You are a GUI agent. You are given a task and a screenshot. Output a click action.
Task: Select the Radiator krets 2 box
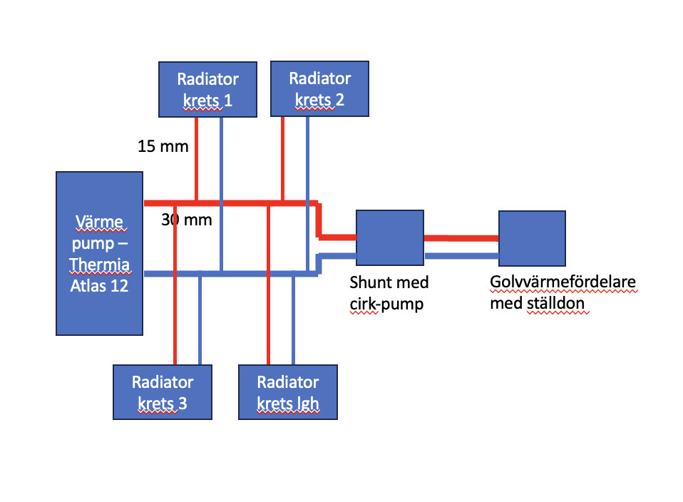click(319, 88)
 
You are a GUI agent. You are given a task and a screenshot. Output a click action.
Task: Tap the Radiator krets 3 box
click(163, 391)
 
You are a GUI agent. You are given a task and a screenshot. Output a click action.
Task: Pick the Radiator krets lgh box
click(287, 391)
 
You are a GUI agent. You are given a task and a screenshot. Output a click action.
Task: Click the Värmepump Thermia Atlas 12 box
click(100, 252)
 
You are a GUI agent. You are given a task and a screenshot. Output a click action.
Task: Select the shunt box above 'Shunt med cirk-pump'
click(390, 237)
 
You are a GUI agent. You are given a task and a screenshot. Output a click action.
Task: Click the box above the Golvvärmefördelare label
click(532, 238)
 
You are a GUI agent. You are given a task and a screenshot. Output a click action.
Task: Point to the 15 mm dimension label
click(163, 147)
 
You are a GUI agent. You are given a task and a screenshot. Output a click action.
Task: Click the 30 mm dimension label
click(187, 220)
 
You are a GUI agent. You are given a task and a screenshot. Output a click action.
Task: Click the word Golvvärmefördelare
click(563, 283)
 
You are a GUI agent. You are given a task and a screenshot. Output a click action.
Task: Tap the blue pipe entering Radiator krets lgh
click(293, 321)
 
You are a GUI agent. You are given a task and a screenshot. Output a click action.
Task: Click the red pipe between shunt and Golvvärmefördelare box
click(461, 238)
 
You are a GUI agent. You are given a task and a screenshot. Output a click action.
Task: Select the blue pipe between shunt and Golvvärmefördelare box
click(461, 255)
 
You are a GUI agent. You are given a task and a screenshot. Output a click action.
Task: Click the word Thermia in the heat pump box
click(100, 266)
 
